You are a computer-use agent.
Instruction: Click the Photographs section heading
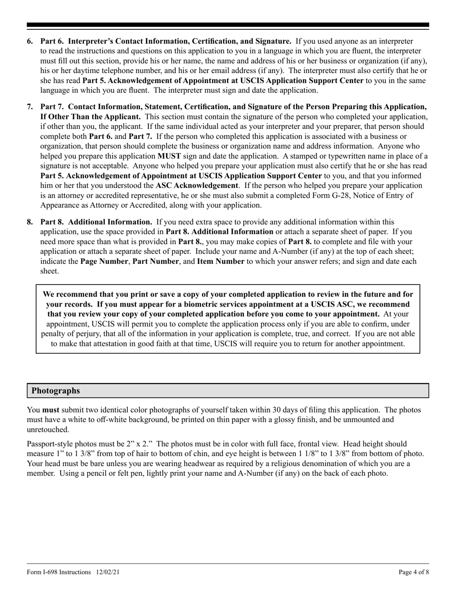point(56,391)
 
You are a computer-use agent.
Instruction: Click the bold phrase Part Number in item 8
point(154,261)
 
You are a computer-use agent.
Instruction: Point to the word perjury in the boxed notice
point(94,333)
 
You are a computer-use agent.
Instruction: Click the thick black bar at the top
point(228,25)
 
